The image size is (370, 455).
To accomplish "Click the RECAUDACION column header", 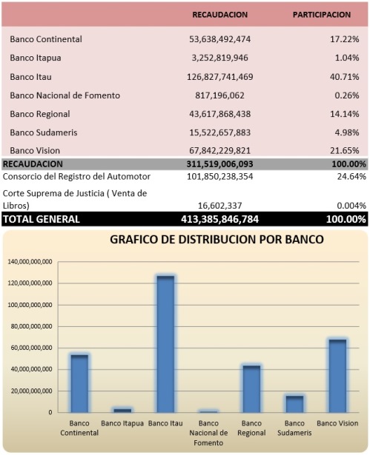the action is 220,15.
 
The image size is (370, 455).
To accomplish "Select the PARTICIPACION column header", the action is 322,15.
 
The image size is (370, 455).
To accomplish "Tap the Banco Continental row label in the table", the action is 46,39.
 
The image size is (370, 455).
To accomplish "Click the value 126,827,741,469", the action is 220,77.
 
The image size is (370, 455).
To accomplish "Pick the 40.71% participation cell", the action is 344,77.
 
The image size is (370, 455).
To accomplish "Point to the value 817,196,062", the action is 220,95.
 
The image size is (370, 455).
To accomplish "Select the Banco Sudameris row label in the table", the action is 44,132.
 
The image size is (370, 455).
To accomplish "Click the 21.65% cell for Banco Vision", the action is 344,151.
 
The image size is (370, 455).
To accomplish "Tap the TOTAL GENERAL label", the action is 42,219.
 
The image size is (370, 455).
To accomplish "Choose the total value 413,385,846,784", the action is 220,219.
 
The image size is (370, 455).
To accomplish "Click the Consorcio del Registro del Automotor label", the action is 77,176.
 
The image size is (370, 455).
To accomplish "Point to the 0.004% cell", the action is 351,206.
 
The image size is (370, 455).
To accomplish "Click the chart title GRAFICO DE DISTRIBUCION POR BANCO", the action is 217,240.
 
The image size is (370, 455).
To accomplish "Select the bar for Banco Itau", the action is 165,344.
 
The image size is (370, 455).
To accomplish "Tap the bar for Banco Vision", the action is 337,376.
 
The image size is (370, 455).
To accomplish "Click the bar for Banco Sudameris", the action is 294,404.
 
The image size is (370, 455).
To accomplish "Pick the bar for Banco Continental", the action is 79,384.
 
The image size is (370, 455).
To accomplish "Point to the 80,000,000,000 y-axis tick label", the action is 31,326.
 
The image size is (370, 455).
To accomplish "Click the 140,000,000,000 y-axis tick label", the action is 30,262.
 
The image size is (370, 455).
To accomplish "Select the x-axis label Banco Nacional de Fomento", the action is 208,433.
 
